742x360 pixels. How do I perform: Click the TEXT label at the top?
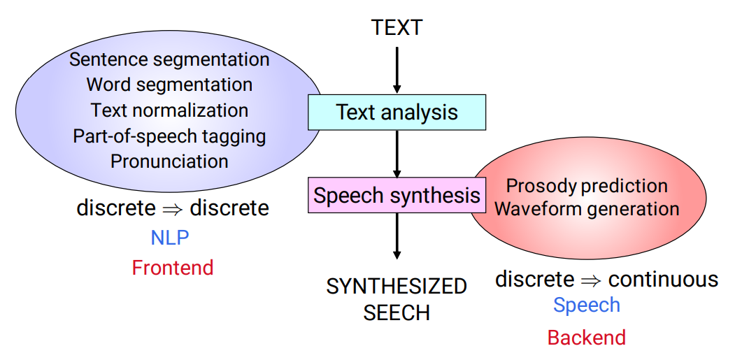tap(397, 27)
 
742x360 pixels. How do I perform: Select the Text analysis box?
tap(397, 112)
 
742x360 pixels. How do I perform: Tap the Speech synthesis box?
tap(397, 195)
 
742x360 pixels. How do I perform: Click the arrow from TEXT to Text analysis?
tap(397, 70)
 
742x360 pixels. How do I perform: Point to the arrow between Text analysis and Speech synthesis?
tap(397, 154)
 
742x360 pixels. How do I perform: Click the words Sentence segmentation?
tap(169, 59)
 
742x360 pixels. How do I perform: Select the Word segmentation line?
tap(169, 85)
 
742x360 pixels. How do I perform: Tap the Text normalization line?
tap(169, 110)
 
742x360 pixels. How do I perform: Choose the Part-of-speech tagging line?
tap(169, 136)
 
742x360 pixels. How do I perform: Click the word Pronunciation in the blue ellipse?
tap(169, 161)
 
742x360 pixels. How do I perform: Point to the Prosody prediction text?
tap(587, 186)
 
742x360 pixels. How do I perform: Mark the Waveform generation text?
tap(587, 208)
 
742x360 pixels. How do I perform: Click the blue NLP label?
tap(169, 238)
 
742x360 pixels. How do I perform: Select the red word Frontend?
tap(172, 267)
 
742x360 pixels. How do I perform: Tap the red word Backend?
tap(586, 338)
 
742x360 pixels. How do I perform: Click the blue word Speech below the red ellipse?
tap(586, 305)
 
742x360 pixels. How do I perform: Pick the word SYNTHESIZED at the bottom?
tap(397, 286)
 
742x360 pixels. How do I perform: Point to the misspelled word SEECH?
tap(397, 312)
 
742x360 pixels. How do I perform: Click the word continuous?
tap(663, 280)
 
